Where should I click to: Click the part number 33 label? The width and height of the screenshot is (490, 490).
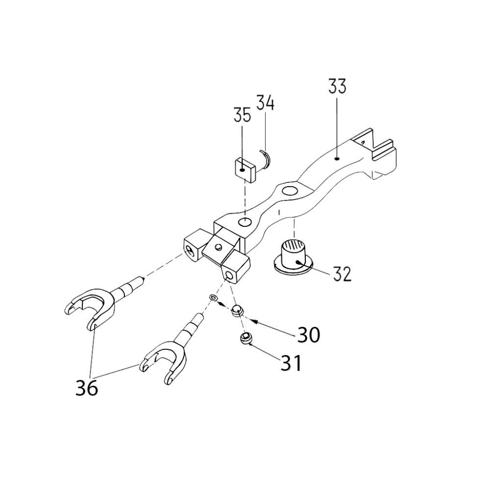tap(337, 86)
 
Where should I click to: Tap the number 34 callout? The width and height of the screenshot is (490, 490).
tap(265, 103)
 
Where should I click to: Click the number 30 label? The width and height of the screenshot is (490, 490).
tap(309, 335)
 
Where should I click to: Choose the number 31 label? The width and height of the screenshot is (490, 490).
tap(291, 364)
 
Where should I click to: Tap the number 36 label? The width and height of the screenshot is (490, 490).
tap(87, 388)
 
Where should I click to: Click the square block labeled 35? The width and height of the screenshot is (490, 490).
tap(244, 169)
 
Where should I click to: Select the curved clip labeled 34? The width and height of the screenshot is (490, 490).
tap(266, 160)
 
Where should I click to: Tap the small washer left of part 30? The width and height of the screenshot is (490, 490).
tap(213, 298)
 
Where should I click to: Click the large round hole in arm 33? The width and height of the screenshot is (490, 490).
tap(289, 190)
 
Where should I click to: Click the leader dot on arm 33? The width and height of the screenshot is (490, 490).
tap(337, 158)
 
